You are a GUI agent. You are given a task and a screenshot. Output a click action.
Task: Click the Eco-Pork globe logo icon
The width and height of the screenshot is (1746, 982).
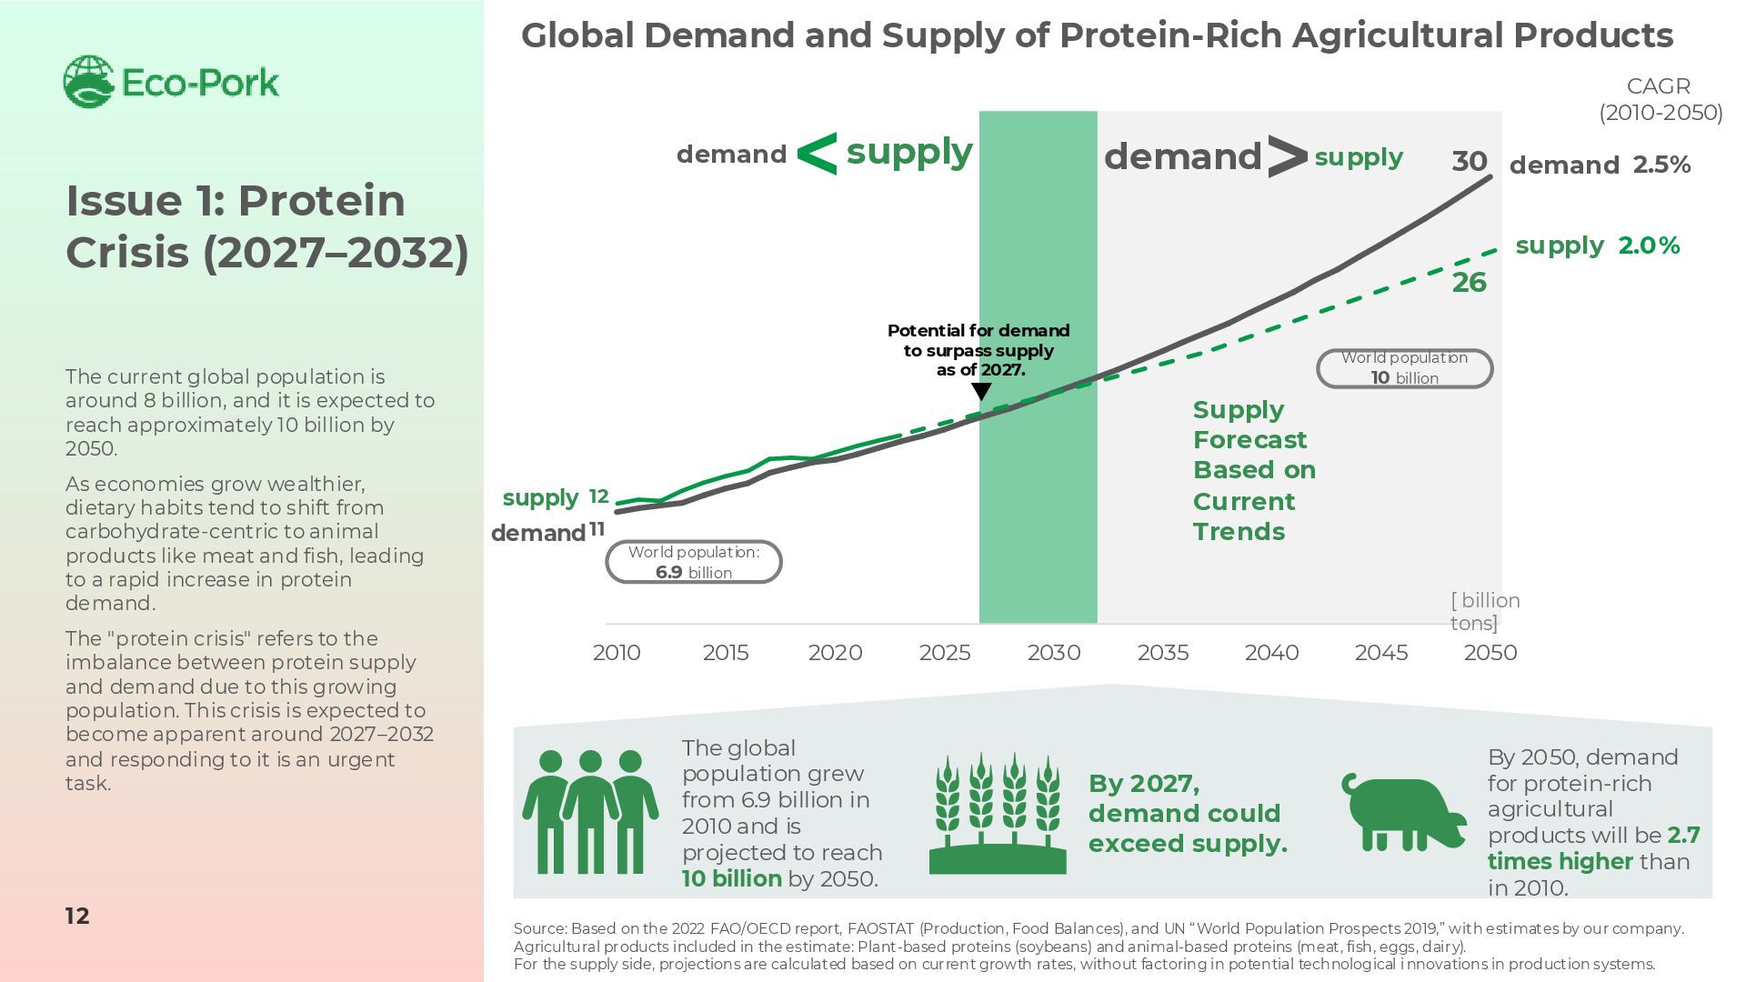pyautogui.click(x=88, y=82)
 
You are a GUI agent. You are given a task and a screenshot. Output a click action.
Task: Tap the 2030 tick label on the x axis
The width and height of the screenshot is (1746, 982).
pyautogui.click(x=1054, y=653)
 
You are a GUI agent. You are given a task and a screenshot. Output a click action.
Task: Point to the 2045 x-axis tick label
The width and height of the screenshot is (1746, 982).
pyautogui.click(x=1381, y=653)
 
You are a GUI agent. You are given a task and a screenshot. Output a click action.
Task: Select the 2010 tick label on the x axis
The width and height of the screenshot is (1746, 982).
pyautogui.click(x=617, y=653)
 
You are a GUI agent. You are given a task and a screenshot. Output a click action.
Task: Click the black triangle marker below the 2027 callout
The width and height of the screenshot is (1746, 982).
pyautogui.click(x=981, y=391)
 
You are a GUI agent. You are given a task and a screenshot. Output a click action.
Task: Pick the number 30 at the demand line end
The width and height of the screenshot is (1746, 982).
pyautogui.click(x=1469, y=162)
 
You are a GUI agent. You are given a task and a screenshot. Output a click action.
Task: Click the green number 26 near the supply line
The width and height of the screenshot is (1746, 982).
pyautogui.click(x=1469, y=283)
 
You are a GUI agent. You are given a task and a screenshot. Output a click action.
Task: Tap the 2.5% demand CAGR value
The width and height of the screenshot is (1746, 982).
pyautogui.click(x=1661, y=165)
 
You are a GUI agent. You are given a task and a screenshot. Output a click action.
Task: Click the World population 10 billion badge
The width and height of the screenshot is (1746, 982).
pyautogui.click(x=1404, y=368)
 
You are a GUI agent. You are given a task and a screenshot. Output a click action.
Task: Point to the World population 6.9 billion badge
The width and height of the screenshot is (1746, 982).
pyautogui.click(x=693, y=562)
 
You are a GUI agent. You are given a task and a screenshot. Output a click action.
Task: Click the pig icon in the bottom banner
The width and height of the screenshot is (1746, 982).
pyautogui.click(x=1403, y=813)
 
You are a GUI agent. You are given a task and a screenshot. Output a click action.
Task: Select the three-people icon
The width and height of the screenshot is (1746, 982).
pyautogui.click(x=590, y=811)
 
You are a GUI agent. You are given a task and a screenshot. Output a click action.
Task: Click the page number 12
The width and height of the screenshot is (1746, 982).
pyautogui.click(x=77, y=916)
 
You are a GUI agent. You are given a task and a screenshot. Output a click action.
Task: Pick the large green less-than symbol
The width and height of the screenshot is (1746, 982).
pyautogui.click(x=817, y=154)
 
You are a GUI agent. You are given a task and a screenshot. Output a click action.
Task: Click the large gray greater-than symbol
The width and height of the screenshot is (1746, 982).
pyautogui.click(x=1287, y=156)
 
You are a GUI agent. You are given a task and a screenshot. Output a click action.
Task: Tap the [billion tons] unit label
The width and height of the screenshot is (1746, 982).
pyautogui.click(x=1484, y=612)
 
